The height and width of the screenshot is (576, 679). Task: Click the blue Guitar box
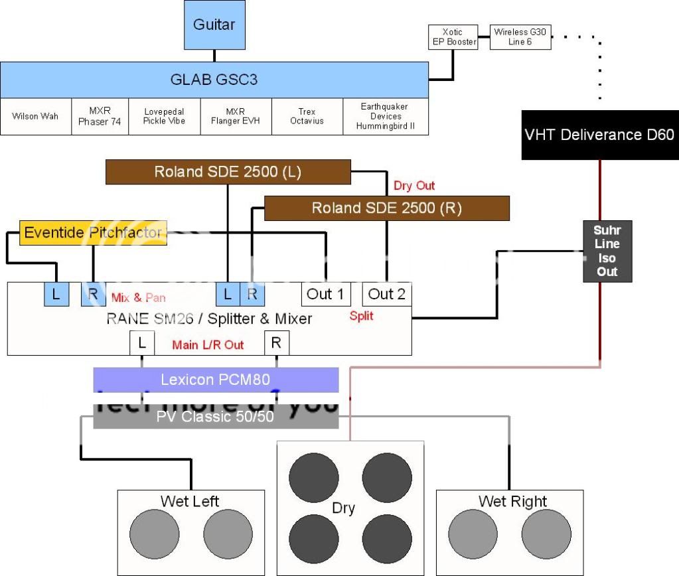[214, 25]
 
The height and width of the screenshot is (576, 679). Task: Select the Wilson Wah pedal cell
[35, 117]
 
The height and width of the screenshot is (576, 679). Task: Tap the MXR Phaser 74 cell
[99, 117]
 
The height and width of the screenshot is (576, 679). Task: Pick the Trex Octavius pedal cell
[307, 117]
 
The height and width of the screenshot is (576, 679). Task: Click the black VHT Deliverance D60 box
[599, 135]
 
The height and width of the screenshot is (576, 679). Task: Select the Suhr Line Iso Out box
[607, 251]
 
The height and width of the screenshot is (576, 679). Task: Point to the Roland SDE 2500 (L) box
[228, 172]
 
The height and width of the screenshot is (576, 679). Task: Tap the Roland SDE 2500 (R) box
[386, 208]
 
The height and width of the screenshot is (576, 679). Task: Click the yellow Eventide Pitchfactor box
[93, 233]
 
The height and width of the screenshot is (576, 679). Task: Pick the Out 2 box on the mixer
[387, 294]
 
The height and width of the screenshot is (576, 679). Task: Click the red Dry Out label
[414, 186]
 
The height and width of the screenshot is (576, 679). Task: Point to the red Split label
[361, 316]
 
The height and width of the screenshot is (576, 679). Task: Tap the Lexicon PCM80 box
[216, 380]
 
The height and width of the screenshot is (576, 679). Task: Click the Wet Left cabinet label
[190, 501]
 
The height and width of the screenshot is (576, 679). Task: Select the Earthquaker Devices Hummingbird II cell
[385, 117]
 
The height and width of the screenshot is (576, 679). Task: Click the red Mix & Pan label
[138, 297]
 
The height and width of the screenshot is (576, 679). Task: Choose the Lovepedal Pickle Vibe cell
[163, 117]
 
